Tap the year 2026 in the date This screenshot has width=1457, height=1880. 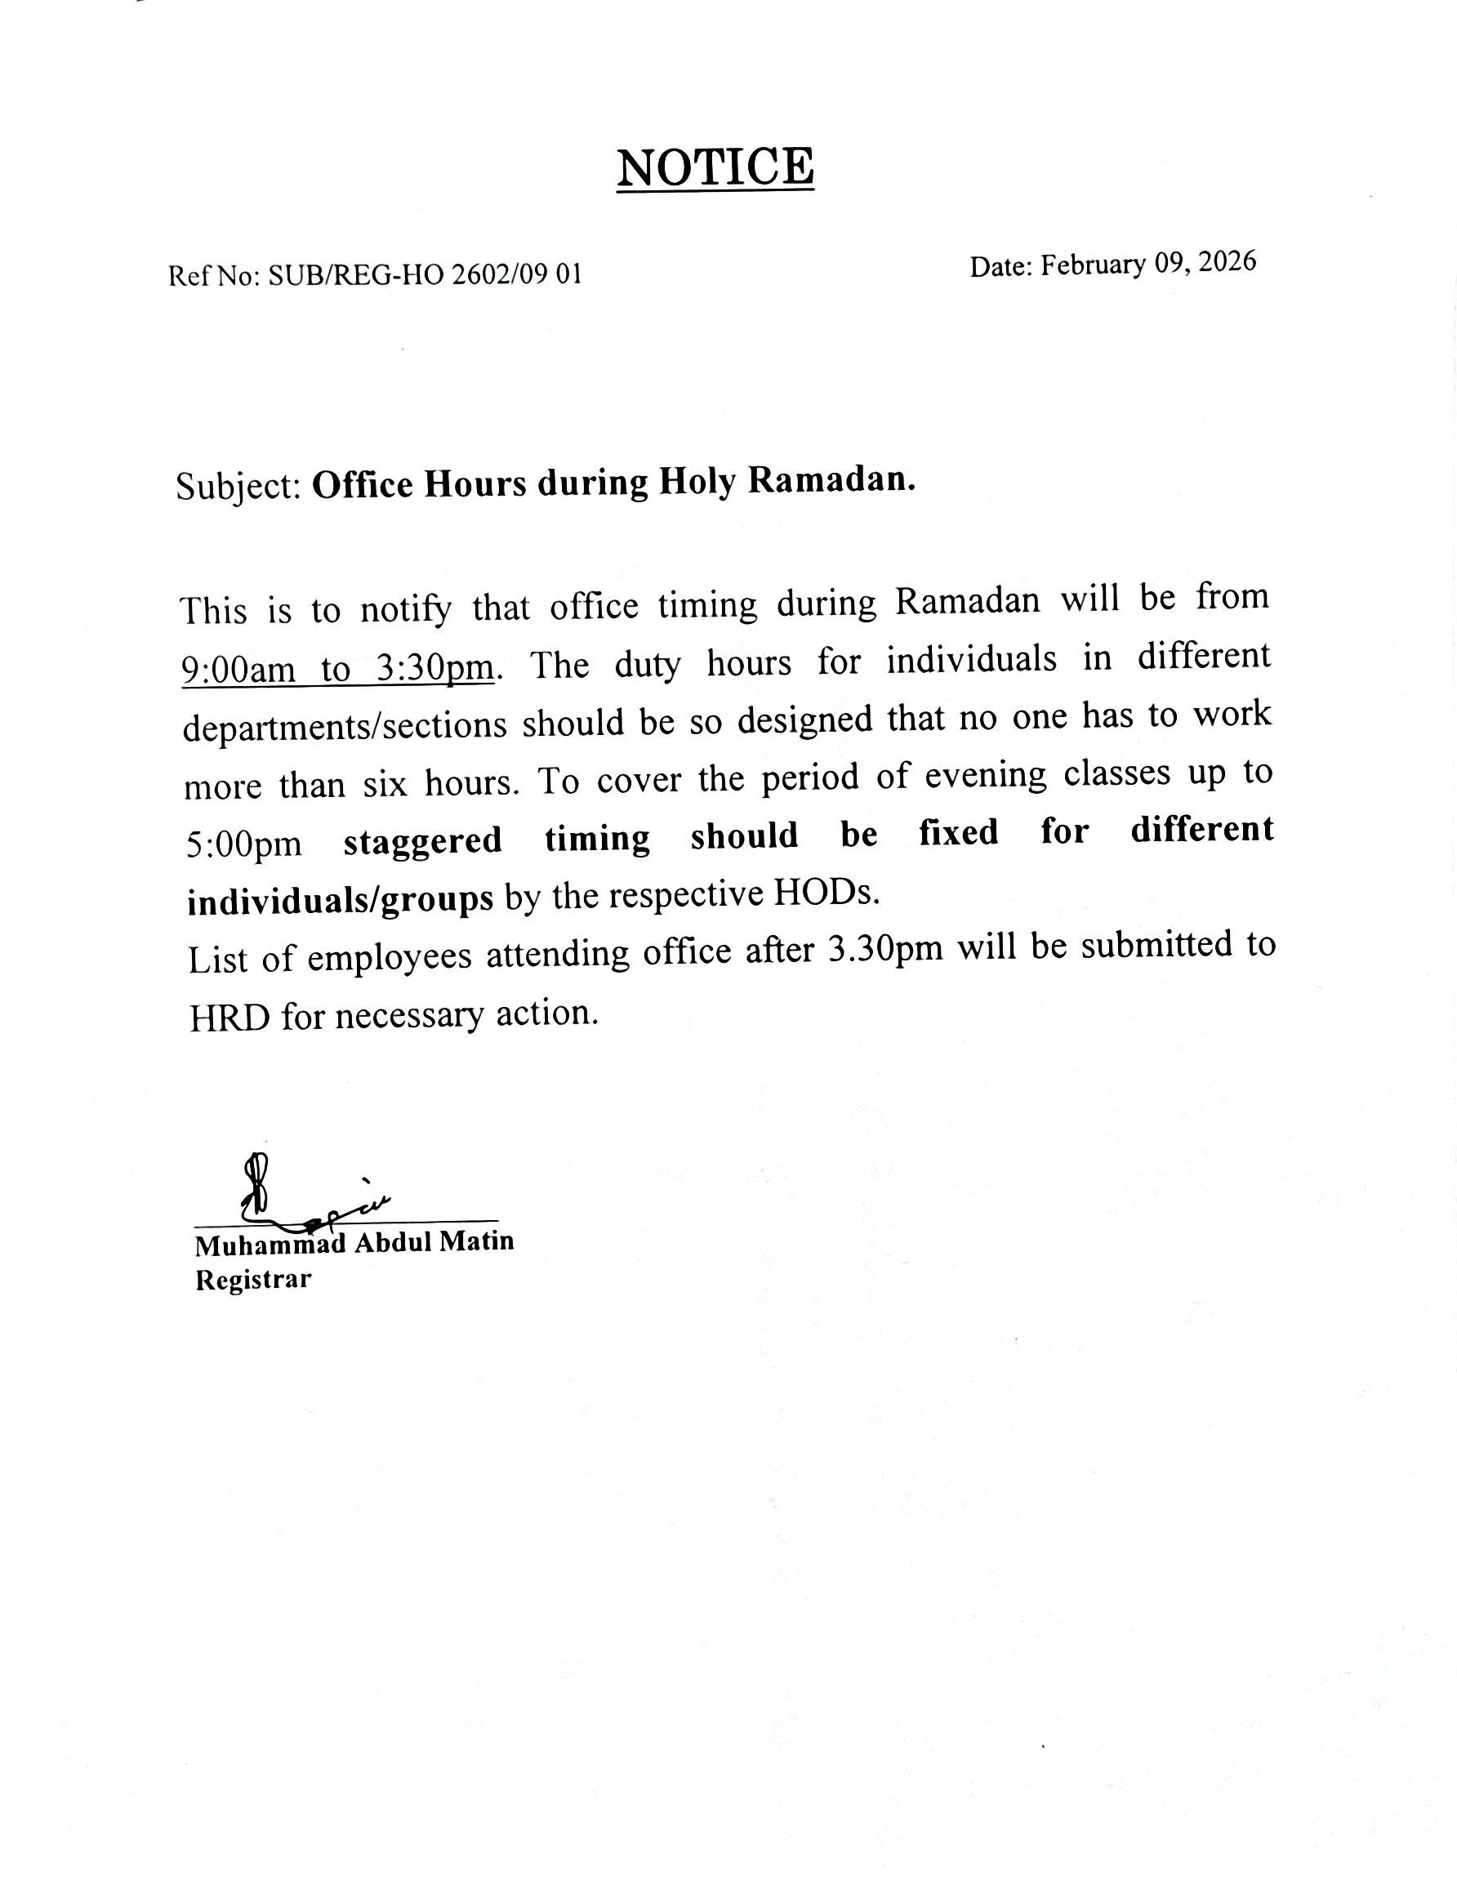pos(1228,261)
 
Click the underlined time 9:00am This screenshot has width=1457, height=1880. pos(239,670)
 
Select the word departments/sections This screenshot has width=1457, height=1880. pos(345,726)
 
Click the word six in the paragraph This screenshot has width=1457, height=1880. pos(384,784)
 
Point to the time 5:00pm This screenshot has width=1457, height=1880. pos(244,844)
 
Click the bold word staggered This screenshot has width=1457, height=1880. pos(422,840)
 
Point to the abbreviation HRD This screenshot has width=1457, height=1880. pos(229,1018)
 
